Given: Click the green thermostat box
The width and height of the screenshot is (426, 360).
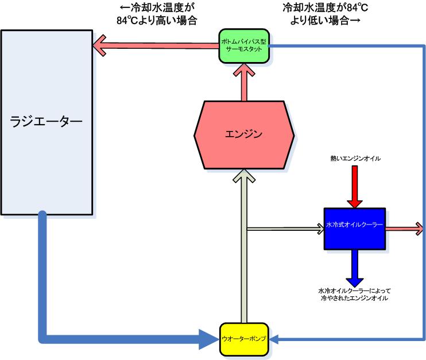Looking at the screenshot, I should [x=244, y=45].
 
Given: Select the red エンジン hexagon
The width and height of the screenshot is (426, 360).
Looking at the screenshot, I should [x=244, y=135].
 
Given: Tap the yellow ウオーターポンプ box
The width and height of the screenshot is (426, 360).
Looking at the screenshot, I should [x=244, y=338].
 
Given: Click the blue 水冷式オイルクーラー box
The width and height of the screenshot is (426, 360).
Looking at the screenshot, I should [x=354, y=228].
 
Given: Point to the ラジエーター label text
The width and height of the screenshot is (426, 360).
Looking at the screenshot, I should [x=47, y=121].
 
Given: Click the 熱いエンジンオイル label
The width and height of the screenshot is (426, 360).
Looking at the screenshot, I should [x=355, y=157].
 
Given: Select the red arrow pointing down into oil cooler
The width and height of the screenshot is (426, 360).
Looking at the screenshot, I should [x=355, y=187].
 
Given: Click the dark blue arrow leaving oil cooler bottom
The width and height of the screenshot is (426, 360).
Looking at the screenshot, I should [x=354, y=270].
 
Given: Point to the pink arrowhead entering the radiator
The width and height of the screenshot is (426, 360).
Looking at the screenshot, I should [x=100, y=47].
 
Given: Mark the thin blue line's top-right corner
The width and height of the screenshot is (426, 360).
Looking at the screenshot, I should [x=423, y=46].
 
